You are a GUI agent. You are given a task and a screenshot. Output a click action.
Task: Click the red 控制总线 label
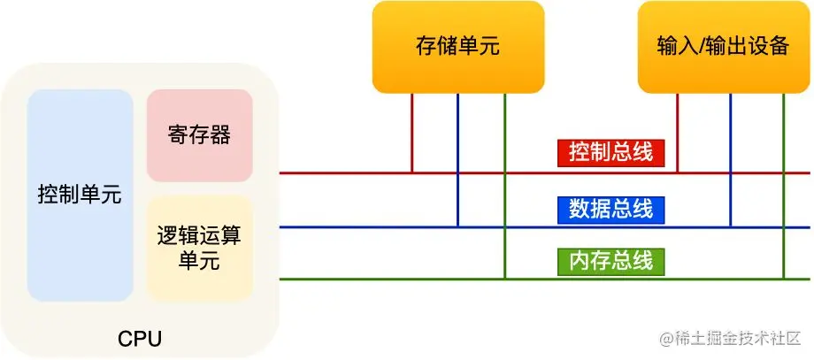[610, 153]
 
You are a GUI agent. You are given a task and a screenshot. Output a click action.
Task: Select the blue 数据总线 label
[610, 209]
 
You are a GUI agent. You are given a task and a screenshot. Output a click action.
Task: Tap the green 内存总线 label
[610, 261]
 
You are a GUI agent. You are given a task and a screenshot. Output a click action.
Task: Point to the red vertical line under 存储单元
[412, 133]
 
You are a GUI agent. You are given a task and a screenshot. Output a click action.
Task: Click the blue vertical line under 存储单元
[458, 159]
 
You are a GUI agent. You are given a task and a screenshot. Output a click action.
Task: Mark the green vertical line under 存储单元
[504, 186]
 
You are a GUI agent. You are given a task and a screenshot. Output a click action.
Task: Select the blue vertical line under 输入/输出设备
[731, 159]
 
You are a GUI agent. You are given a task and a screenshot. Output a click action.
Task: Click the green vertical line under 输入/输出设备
[784, 186]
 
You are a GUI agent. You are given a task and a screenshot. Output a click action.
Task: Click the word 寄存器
[199, 135]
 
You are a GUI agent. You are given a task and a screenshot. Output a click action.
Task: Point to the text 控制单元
[80, 194]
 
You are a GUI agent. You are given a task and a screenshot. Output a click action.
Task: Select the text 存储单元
[457, 46]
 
